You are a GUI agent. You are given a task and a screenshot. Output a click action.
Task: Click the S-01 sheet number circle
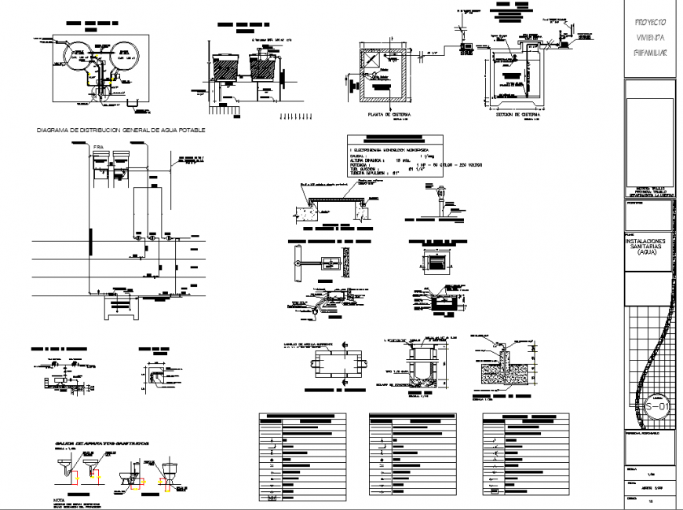pos(658,407)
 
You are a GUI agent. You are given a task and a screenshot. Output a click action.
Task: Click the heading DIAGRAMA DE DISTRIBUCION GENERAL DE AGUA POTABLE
pos(116,130)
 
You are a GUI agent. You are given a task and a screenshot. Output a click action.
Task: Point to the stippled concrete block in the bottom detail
pos(499,369)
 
